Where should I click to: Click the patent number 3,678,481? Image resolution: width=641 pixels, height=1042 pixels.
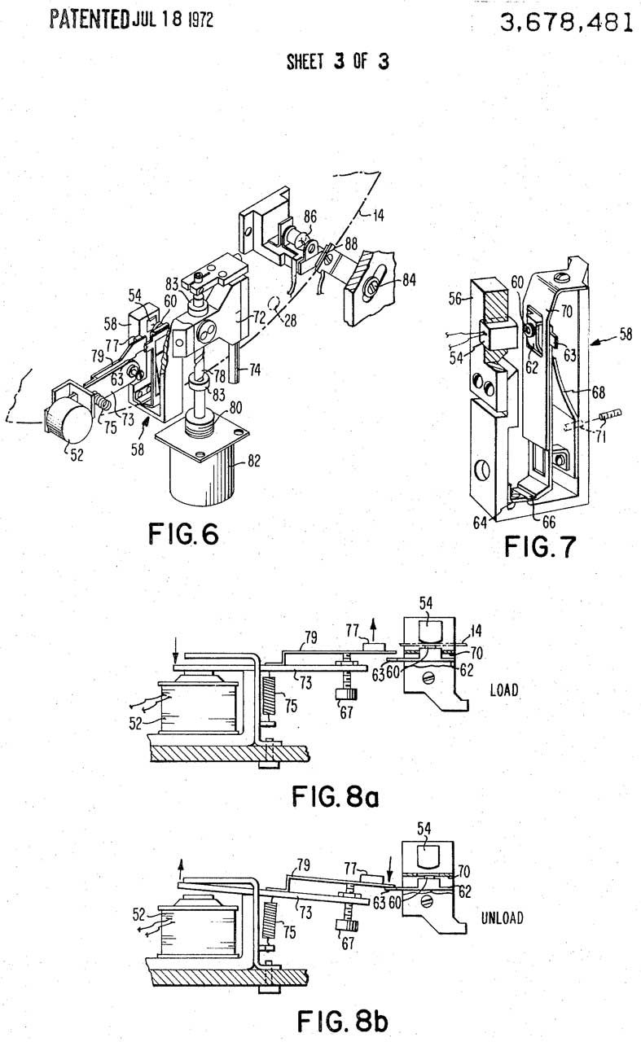click(x=566, y=22)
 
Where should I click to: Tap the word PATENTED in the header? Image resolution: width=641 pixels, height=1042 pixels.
click(x=90, y=20)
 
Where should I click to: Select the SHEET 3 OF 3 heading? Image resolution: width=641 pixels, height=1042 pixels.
click(x=337, y=61)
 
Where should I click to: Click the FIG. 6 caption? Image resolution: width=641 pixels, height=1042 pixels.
click(x=183, y=533)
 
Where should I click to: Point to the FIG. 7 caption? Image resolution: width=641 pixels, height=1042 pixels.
click(x=540, y=546)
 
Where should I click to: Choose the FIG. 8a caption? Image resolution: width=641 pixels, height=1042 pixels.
click(x=336, y=796)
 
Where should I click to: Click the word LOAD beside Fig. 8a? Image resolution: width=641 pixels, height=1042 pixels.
click(x=504, y=690)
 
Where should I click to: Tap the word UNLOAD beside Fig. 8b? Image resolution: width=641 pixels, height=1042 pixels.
click(x=503, y=917)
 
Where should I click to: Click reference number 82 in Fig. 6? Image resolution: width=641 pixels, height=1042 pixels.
click(x=253, y=461)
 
